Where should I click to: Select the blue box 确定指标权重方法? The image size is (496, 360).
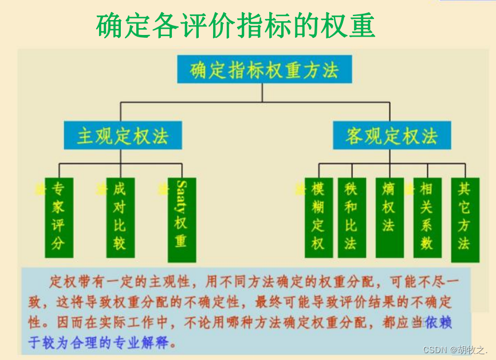point(264,69)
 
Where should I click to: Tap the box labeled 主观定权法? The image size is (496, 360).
point(122,136)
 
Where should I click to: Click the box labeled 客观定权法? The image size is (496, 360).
point(392,136)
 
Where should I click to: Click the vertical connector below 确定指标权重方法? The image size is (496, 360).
point(262,93)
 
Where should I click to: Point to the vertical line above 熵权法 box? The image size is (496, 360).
point(389,170)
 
